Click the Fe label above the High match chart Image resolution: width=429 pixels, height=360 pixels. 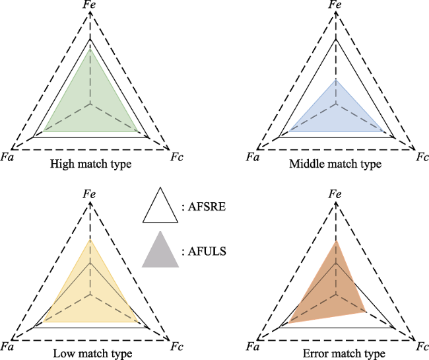[x=90, y=5]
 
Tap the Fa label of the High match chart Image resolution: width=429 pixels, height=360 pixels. [x=7, y=157]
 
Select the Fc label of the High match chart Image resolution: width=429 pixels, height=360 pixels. [x=177, y=157]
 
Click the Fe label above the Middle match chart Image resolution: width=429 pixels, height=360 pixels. [x=335, y=5]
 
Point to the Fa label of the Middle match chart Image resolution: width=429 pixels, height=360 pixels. [x=252, y=157]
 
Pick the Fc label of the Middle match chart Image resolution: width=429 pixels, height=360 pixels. [x=422, y=157]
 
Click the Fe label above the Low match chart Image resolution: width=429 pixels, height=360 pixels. [x=90, y=194]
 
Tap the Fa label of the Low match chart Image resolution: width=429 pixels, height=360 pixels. [x=7, y=347]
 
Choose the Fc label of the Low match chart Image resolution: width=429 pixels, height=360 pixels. [x=177, y=347]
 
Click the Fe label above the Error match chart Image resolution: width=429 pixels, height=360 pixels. [x=335, y=194]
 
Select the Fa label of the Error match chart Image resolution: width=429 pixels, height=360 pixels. [x=252, y=347]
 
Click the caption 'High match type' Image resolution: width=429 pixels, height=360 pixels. [x=90, y=164]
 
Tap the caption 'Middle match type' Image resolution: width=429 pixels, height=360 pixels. [x=335, y=164]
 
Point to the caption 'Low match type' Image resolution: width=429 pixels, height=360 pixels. [x=92, y=353]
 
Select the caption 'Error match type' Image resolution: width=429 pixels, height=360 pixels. [x=344, y=353]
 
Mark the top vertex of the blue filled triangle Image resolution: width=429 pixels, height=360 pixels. [x=336, y=80]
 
